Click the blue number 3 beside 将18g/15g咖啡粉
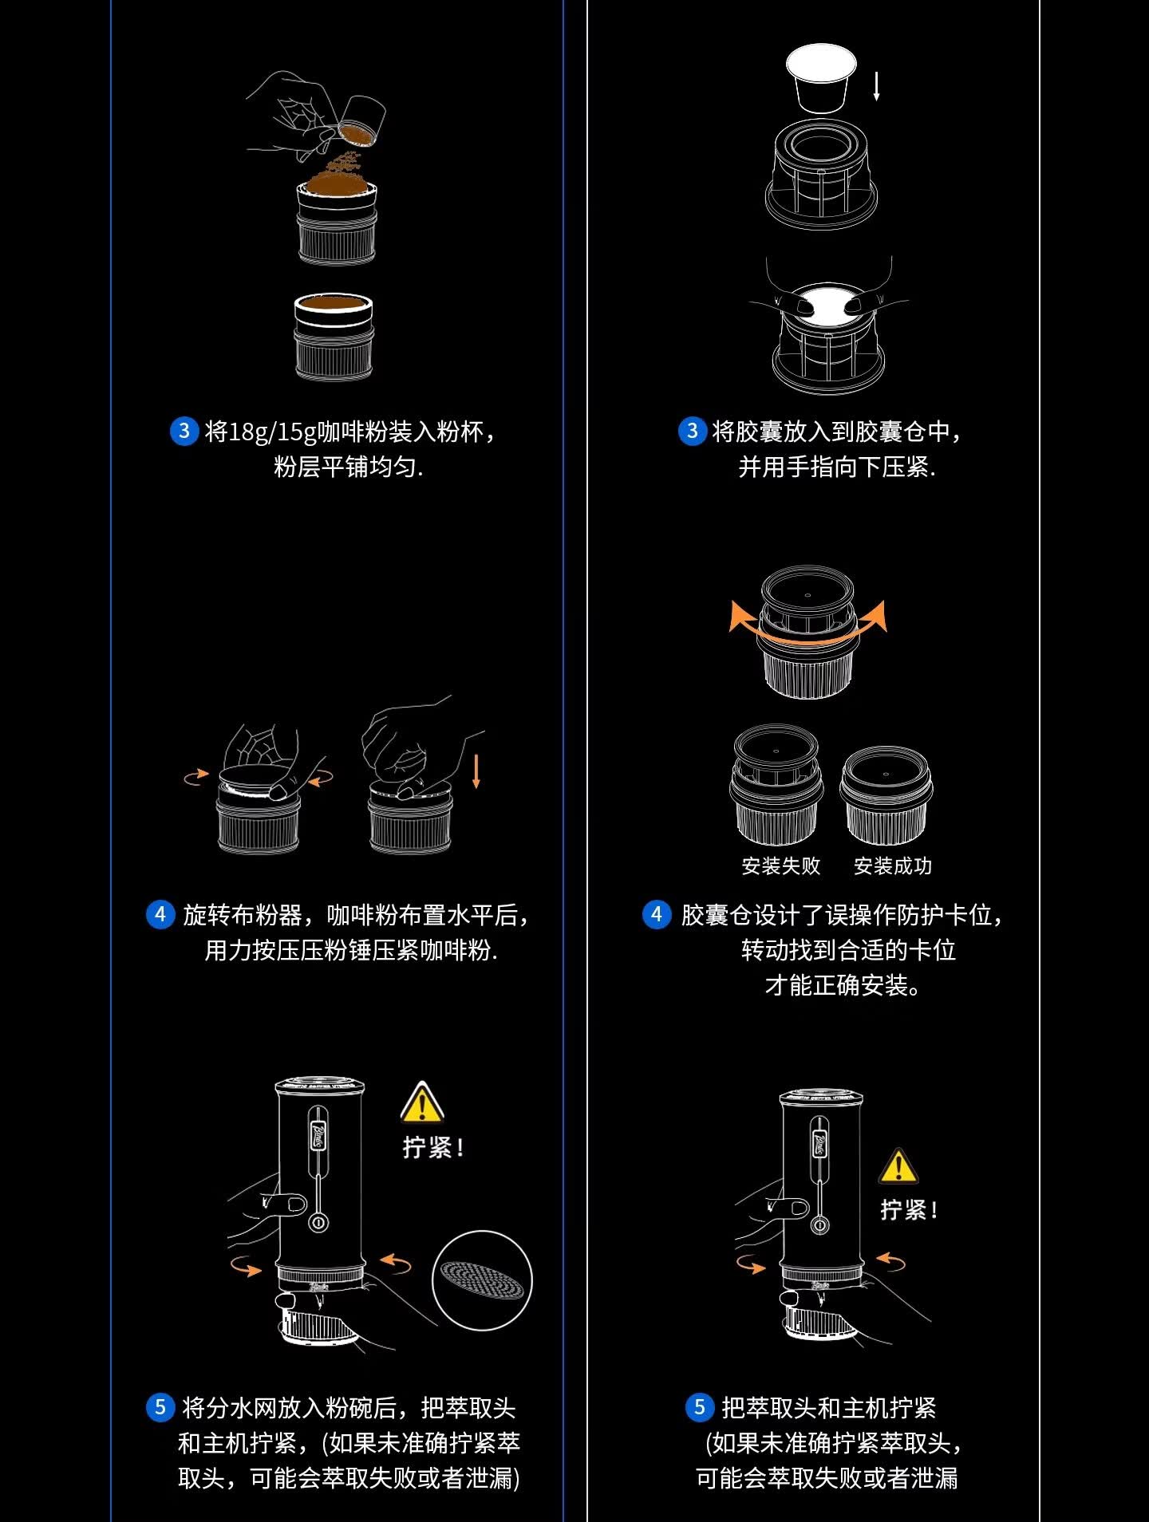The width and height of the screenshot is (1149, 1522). click(x=184, y=432)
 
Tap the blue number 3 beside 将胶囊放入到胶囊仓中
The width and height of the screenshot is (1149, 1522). click(x=692, y=432)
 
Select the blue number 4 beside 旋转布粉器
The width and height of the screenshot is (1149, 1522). click(x=160, y=914)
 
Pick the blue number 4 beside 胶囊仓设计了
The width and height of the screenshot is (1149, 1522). click(x=657, y=914)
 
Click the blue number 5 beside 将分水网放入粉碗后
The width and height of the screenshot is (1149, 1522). click(x=160, y=1407)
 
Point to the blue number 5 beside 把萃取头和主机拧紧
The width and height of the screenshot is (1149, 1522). click(x=700, y=1407)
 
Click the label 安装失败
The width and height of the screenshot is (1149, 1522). click(x=780, y=865)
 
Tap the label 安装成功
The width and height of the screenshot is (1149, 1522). click(x=893, y=865)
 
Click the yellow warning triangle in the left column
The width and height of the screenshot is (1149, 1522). click(x=421, y=1103)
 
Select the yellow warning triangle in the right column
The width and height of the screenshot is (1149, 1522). click(x=898, y=1167)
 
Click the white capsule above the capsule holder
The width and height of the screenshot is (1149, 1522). click(x=821, y=77)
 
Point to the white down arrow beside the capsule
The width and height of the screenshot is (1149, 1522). click(x=876, y=85)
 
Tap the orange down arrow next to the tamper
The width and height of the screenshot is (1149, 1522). click(x=476, y=771)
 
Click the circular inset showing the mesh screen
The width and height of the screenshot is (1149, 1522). click(x=482, y=1280)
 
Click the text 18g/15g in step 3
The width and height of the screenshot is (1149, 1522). click(x=272, y=432)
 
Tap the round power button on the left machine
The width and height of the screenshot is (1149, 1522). click(x=318, y=1222)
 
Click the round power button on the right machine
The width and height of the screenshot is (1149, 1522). click(x=819, y=1225)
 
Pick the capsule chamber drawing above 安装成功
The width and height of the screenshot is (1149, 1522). click(x=886, y=796)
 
